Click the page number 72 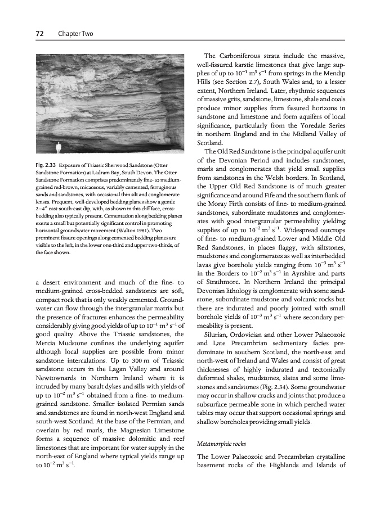[x=39, y=35]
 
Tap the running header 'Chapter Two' [x=75, y=35]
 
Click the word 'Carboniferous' [x=244, y=55]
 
